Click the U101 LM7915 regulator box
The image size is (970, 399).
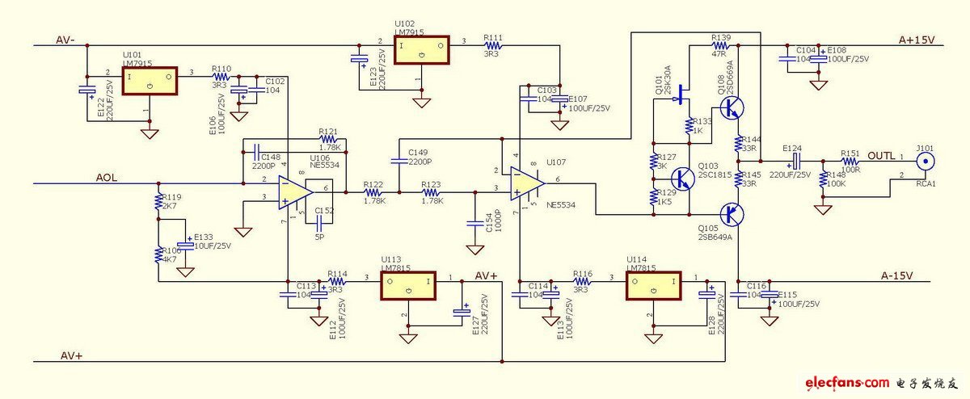[x=150, y=81]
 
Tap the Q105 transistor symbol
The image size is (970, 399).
[x=734, y=213]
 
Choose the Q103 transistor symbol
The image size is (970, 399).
[x=683, y=178]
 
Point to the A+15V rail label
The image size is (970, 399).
[x=917, y=40]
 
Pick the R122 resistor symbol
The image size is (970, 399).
[x=373, y=192]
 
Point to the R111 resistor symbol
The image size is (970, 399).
[x=491, y=47]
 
